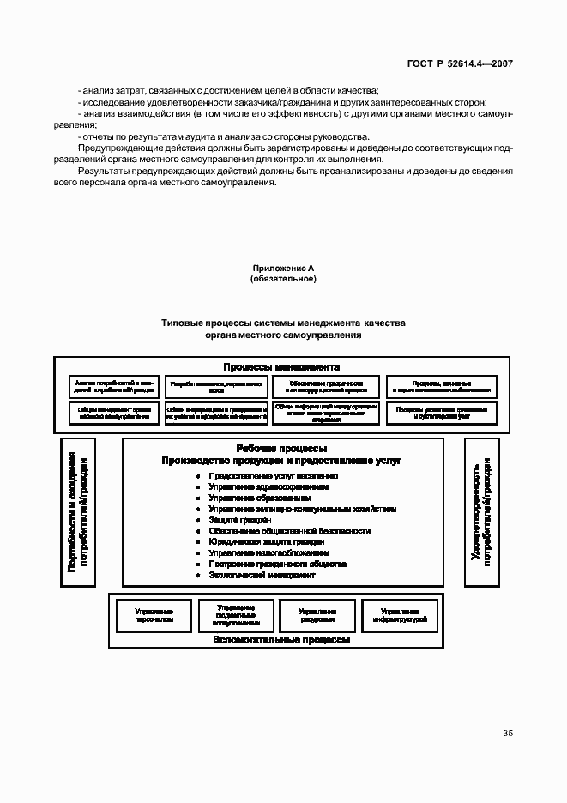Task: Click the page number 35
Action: (x=508, y=733)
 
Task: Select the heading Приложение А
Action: (x=283, y=269)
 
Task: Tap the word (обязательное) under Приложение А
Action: (x=283, y=279)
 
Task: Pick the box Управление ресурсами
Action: (x=317, y=614)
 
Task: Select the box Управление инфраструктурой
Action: (x=400, y=614)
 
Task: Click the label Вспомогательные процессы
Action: (x=282, y=640)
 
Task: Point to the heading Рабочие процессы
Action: (x=281, y=448)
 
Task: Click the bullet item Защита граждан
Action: (x=239, y=520)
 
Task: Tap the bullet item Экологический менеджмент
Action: (x=262, y=575)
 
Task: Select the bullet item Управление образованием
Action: (x=256, y=498)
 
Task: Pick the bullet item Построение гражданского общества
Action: (x=277, y=565)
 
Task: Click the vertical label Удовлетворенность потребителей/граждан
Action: (x=480, y=512)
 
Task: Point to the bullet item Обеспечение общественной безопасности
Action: (x=289, y=531)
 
